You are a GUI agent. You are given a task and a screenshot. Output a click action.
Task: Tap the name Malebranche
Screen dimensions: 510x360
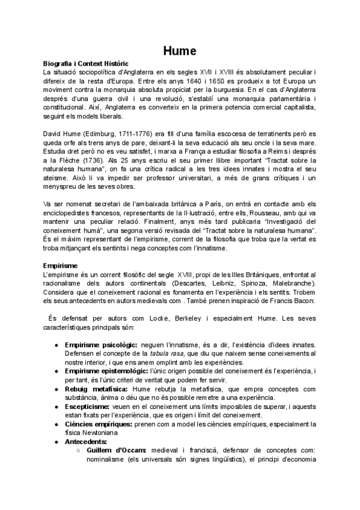point(291,283)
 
